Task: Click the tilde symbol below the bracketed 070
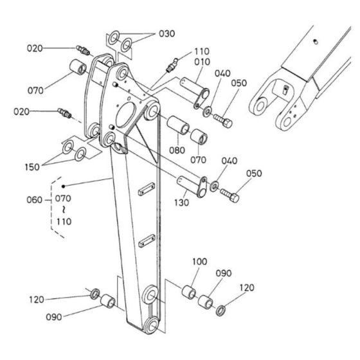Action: tap(63, 210)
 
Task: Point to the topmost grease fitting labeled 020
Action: tap(82, 50)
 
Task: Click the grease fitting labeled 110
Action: tap(171, 63)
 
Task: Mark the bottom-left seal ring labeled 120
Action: tap(94, 294)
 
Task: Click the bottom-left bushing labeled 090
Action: tap(109, 301)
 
